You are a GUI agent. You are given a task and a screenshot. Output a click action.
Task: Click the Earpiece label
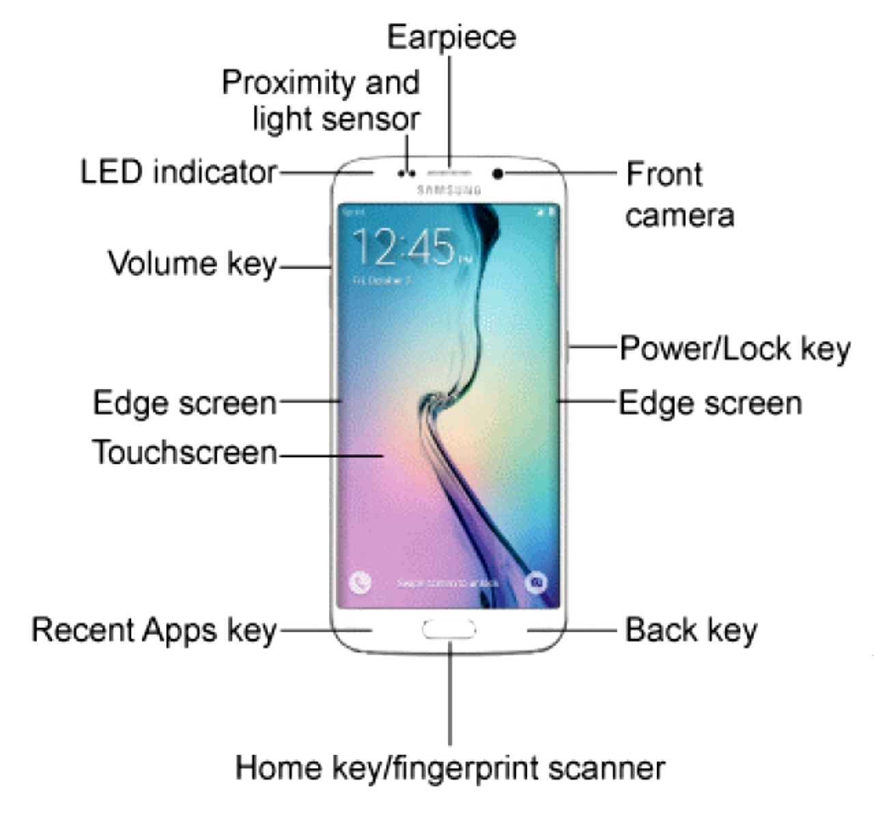point(451,37)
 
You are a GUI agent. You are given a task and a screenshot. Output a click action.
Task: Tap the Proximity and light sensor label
point(322,101)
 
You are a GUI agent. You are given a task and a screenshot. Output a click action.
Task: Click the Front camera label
point(679,195)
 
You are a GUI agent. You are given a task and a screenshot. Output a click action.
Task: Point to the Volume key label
point(193,263)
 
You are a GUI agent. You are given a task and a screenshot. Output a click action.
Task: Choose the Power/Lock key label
point(735,349)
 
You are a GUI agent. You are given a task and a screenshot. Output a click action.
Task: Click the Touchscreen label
point(184,452)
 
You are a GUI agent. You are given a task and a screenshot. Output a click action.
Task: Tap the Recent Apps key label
point(154,630)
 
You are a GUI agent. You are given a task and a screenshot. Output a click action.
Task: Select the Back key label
point(691,630)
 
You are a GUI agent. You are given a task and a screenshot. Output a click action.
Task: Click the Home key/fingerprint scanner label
point(450,768)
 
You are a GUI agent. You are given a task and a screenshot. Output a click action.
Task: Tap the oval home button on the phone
point(449,629)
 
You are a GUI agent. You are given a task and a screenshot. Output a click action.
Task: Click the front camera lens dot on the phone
point(498,174)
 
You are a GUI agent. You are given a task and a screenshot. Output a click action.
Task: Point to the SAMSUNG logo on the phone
point(449,190)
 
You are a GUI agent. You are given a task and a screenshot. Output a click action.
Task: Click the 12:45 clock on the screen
point(404,246)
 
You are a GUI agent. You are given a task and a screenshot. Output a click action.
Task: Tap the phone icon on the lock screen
point(360,582)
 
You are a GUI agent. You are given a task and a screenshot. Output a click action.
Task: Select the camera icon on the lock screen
point(536,582)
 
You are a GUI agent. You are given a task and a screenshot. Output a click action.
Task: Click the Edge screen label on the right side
point(710,403)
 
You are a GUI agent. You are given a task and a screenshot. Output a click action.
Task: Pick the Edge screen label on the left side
point(184,403)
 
